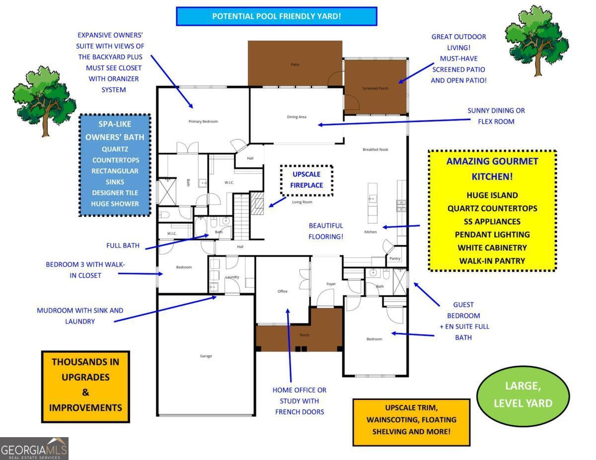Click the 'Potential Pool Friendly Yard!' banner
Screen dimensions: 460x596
(x=277, y=16)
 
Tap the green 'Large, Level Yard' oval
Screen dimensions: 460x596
(x=523, y=394)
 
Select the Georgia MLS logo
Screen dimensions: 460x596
(x=34, y=449)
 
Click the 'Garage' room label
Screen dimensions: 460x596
(x=206, y=356)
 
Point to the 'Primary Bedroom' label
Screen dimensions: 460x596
(x=203, y=122)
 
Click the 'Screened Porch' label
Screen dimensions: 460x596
(x=375, y=88)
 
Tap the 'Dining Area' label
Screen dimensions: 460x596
(x=297, y=117)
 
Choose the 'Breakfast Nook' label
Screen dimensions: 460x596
(x=375, y=149)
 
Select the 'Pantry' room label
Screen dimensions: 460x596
(x=395, y=259)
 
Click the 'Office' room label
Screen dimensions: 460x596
(x=282, y=291)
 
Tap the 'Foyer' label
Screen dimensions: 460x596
(x=331, y=284)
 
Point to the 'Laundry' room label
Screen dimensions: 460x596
(x=232, y=277)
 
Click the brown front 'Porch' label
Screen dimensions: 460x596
(x=304, y=335)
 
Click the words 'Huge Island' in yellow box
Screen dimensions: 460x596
(x=492, y=196)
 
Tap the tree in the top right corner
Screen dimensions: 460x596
(x=536, y=40)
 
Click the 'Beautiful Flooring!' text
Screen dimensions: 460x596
(x=326, y=231)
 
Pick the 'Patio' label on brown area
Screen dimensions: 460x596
(x=295, y=65)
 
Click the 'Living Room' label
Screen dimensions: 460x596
(x=302, y=202)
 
